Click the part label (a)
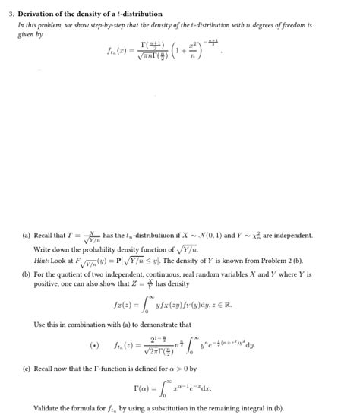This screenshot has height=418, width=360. [27, 236]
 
